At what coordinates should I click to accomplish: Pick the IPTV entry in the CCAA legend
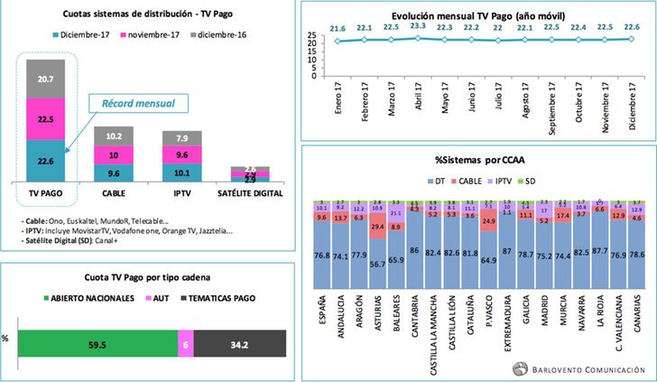click(x=514, y=182)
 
